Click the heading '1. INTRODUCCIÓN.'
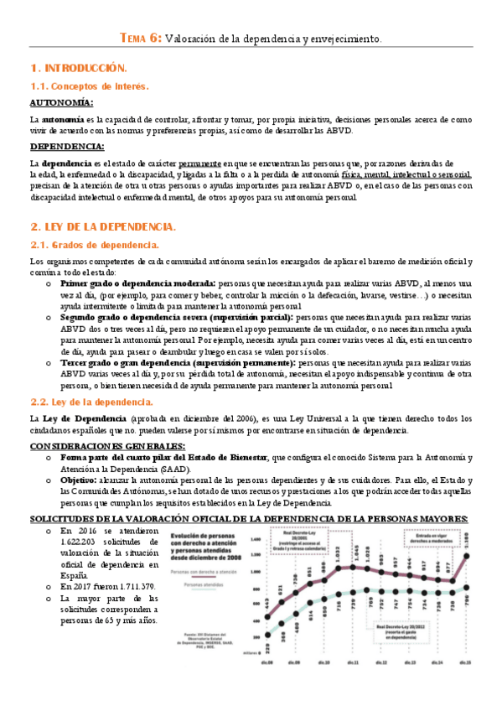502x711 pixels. pos(78,67)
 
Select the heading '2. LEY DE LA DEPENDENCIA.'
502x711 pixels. pos(102,226)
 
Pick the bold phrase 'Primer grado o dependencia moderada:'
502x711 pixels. pos(137,284)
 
